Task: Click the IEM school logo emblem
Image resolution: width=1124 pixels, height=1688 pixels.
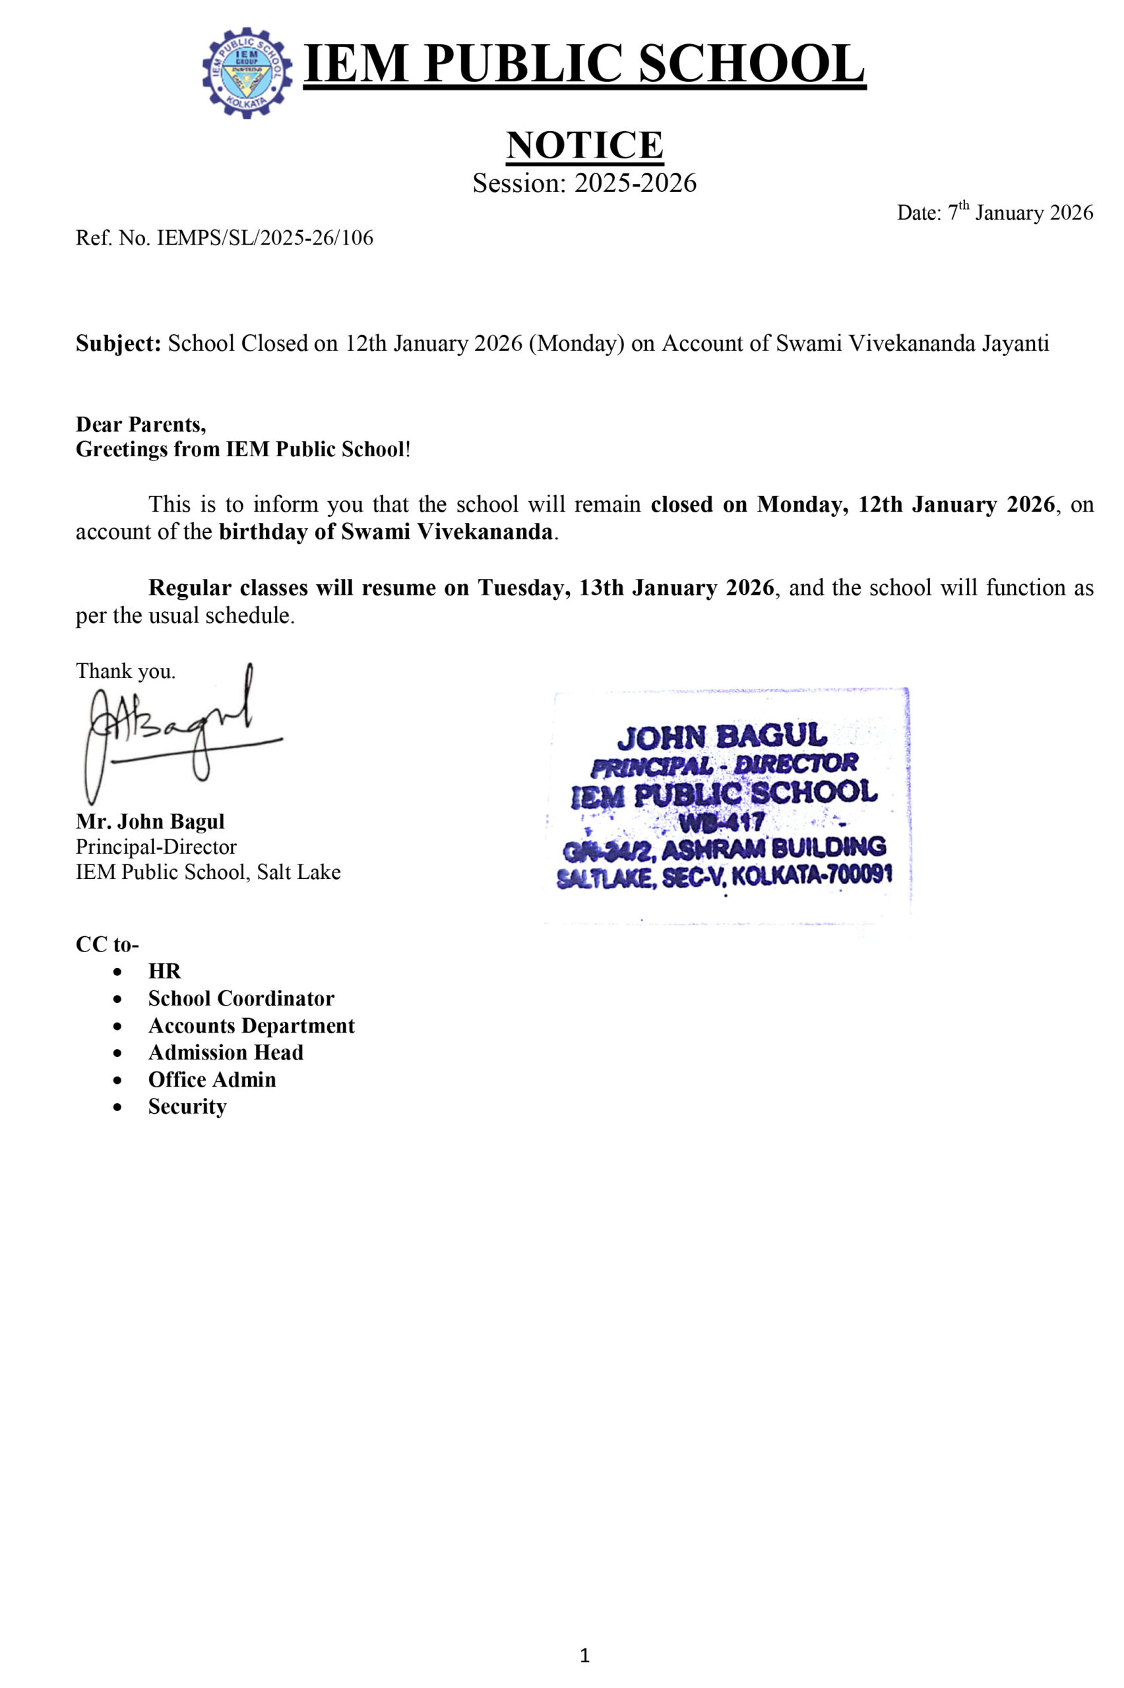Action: (247, 73)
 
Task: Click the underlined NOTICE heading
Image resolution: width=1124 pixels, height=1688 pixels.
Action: (584, 146)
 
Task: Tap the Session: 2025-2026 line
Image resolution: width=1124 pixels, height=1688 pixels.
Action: (584, 183)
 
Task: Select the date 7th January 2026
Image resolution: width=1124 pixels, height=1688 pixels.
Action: (994, 213)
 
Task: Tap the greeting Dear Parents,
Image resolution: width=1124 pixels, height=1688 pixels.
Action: (141, 424)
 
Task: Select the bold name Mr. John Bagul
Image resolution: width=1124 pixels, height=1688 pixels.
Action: (150, 821)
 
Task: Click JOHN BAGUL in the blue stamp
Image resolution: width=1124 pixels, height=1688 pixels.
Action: (722, 737)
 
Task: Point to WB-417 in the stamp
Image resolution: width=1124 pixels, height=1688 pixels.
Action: (722, 821)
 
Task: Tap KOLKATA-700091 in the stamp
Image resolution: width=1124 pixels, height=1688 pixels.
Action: (811, 875)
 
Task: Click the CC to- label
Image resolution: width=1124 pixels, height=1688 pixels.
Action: (108, 944)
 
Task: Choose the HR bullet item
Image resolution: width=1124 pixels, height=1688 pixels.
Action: (164, 971)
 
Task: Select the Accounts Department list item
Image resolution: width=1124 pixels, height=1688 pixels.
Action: (251, 1025)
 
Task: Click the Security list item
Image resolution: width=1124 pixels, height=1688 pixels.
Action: (187, 1106)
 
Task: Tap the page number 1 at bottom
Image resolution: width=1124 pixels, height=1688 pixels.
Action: (584, 1655)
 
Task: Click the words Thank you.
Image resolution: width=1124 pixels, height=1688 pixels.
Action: (125, 671)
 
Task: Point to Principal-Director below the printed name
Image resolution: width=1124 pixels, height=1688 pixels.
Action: (156, 847)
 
